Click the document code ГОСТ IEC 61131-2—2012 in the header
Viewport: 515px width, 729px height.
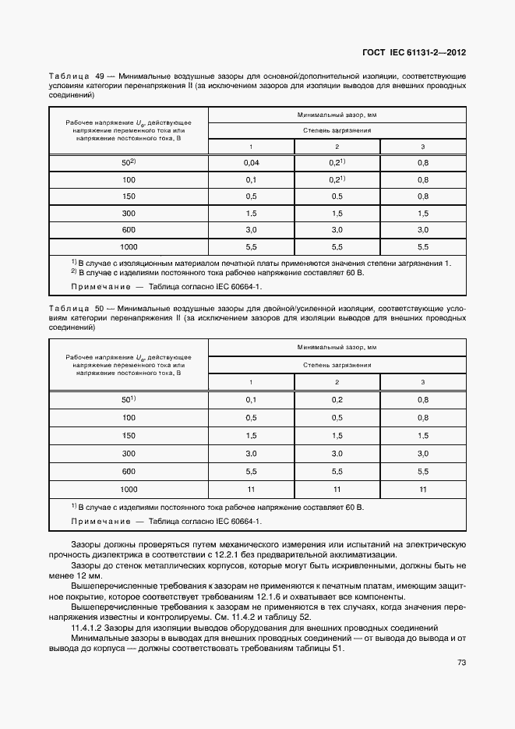pos(414,53)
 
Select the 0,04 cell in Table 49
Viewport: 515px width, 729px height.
pos(251,162)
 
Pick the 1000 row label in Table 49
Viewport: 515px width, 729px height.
pos(129,246)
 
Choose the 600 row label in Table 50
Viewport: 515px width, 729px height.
pos(129,471)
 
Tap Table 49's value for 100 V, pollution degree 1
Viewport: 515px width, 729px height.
pos(251,179)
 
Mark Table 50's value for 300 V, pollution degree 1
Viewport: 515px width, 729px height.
pos(251,453)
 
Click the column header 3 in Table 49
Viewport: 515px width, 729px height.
pos(423,147)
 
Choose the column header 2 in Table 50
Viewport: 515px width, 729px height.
pos(337,381)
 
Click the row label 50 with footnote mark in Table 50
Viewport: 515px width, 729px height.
pos(129,399)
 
